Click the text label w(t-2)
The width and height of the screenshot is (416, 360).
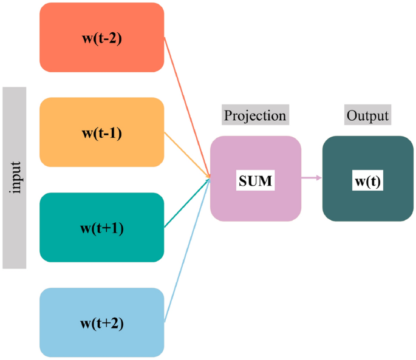click(x=101, y=38)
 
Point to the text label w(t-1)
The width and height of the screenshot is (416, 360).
click(x=101, y=132)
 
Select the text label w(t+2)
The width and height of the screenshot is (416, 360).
click(x=101, y=323)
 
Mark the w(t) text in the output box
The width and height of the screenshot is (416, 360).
click(x=367, y=180)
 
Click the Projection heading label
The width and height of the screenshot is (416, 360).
click(x=254, y=115)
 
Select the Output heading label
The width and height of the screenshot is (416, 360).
click(x=367, y=115)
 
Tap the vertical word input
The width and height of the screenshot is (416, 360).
click(x=16, y=177)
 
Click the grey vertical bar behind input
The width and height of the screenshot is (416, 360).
click(x=15, y=237)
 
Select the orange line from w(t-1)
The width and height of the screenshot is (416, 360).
click(x=187, y=155)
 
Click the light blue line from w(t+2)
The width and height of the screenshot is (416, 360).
click(x=187, y=250)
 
